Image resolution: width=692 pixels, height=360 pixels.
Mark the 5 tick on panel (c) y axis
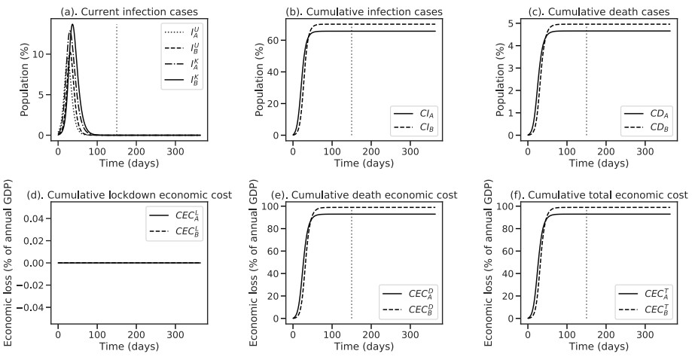514,24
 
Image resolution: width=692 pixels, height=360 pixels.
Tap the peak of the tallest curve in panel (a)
72,24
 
